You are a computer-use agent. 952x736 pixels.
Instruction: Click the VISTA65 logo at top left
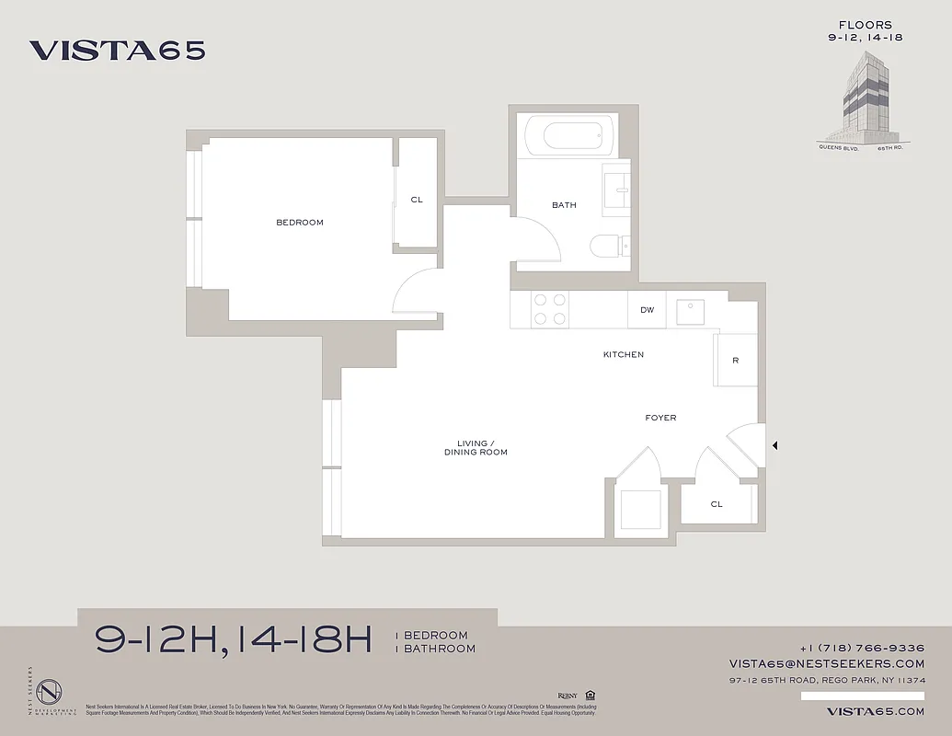pyautogui.click(x=117, y=51)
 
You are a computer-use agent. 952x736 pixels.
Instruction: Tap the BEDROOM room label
pyautogui.click(x=300, y=223)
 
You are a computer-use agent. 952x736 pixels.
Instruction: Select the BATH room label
pyautogui.click(x=564, y=205)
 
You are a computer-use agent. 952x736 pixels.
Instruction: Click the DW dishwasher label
pyautogui.click(x=648, y=310)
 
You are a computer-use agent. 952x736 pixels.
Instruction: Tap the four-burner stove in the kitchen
pyautogui.click(x=550, y=309)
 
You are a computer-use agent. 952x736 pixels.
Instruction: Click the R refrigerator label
pyautogui.click(x=735, y=361)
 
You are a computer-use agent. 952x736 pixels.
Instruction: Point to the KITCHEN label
pyautogui.click(x=623, y=355)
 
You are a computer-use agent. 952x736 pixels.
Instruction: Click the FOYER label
pyautogui.click(x=660, y=418)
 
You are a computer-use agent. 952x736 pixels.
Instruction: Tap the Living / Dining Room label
pyautogui.click(x=476, y=448)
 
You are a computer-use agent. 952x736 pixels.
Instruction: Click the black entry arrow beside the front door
pyautogui.click(x=774, y=446)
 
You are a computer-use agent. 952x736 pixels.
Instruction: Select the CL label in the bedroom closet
pyautogui.click(x=417, y=200)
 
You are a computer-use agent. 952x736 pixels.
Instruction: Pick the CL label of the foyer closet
pyautogui.click(x=717, y=504)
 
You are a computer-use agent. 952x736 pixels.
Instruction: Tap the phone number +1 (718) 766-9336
pyautogui.click(x=862, y=648)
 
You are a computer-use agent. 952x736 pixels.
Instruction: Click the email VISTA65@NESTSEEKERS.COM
pyautogui.click(x=827, y=663)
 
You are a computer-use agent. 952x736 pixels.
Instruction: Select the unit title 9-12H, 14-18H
pyautogui.click(x=234, y=640)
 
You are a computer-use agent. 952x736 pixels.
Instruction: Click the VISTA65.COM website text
pyautogui.click(x=875, y=711)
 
